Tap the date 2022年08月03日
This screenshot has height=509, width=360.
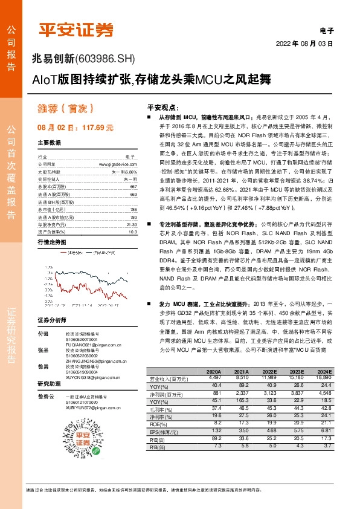pos(304,44)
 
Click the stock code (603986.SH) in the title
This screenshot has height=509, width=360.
pos(103,59)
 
